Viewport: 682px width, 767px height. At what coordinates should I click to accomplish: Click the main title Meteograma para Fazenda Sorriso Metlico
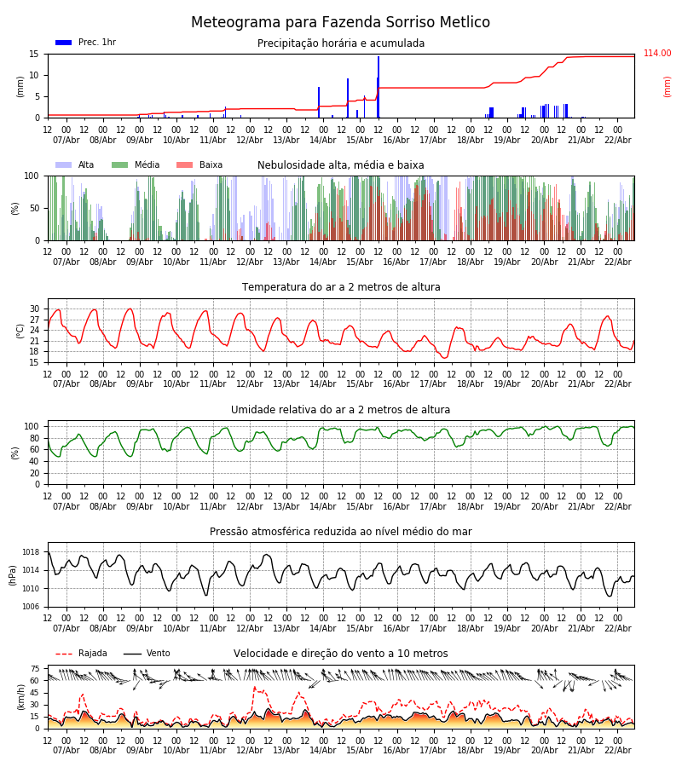(340, 23)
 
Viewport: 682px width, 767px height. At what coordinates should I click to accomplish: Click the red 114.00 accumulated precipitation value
(657, 54)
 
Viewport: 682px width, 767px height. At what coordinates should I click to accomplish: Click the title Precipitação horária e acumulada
(341, 43)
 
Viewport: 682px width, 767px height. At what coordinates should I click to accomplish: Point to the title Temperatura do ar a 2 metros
(341, 287)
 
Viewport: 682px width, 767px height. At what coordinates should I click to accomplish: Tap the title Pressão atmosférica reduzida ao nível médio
(341, 532)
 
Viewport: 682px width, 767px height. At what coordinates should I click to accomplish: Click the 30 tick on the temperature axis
(35, 309)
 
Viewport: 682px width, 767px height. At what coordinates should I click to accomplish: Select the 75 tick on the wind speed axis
(35, 669)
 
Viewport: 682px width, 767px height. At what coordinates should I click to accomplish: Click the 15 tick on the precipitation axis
(35, 54)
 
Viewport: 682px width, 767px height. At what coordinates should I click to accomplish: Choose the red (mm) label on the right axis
(668, 86)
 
